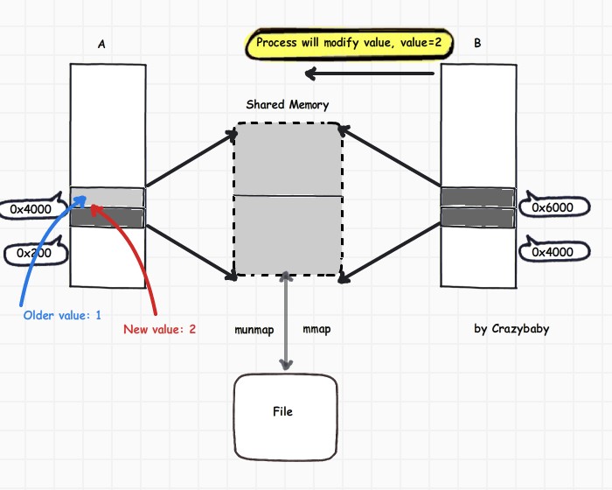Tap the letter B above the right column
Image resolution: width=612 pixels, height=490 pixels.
coord(476,42)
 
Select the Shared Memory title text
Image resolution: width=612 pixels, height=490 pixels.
coord(288,105)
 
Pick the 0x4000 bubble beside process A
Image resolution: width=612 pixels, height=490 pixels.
coord(31,209)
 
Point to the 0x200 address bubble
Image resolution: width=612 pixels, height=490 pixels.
coord(34,254)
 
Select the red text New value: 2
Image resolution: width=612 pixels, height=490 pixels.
coord(159,329)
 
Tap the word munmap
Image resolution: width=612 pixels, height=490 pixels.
coord(254,330)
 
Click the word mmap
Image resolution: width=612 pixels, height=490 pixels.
coord(316,330)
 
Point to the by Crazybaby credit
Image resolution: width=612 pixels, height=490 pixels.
coord(511,329)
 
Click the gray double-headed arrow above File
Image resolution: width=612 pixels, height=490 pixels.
coord(285,324)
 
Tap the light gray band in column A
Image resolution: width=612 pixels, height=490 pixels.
coord(108,196)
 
